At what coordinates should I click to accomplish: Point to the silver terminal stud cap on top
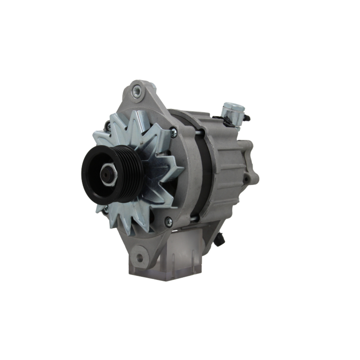click(x=233, y=108)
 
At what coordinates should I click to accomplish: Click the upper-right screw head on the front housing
click(x=174, y=132)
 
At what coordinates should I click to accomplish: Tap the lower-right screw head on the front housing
click(x=168, y=221)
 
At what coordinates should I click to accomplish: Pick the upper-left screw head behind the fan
click(x=107, y=126)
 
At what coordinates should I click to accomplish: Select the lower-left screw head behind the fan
click(x=105, y=210)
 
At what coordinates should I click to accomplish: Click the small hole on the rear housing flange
click(x=246, y=179)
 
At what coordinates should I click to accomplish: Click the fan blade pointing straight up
click(x=138, y=119)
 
